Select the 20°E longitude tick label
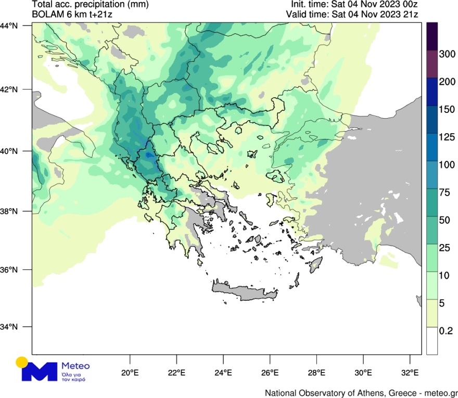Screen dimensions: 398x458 [130, 373]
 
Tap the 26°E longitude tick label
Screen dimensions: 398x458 [270, 373]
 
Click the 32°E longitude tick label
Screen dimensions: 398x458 [410, 373]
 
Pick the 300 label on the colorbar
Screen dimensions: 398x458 [447, 54]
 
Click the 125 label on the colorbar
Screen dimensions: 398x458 [447, 137]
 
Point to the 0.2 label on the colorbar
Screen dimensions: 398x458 [446, 330]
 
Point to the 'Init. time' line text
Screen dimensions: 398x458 [353, 5]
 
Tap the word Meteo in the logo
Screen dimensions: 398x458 [75, 365]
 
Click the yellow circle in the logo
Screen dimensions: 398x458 [21, 362]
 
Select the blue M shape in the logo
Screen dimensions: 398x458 [40, 370]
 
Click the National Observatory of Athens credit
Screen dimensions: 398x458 [361, 392]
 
